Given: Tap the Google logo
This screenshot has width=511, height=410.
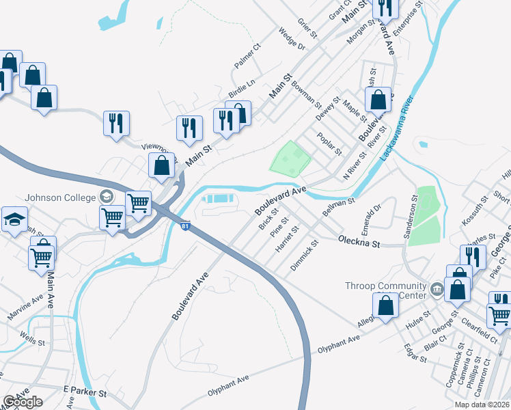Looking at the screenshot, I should tap(23, 402).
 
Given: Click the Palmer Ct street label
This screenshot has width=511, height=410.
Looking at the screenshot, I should tap(247, 56).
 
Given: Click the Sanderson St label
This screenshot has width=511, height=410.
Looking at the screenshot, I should tap(413, 217).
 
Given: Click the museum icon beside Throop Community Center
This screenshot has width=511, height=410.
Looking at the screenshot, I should tap(437, 290).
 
